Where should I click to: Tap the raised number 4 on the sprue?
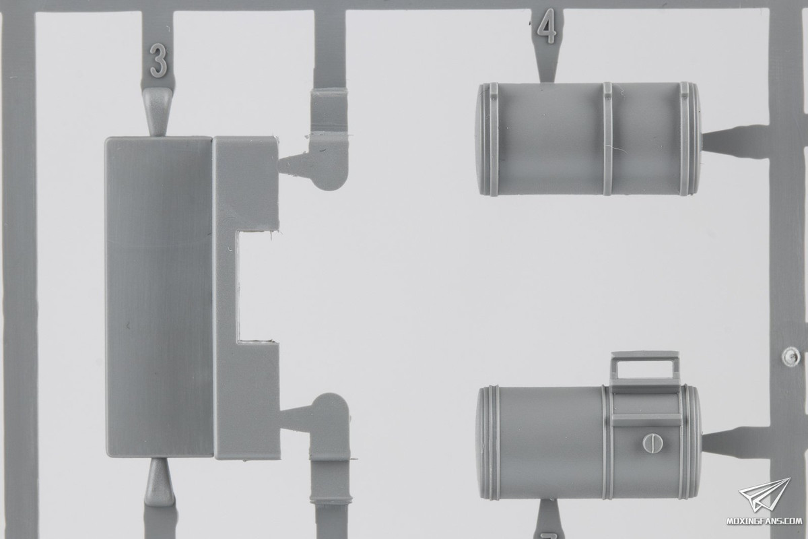pos(547,26)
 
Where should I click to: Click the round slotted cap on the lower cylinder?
pos(654,442)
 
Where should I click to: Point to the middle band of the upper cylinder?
pos(607,139)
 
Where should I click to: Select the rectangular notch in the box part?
pos(257,286)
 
